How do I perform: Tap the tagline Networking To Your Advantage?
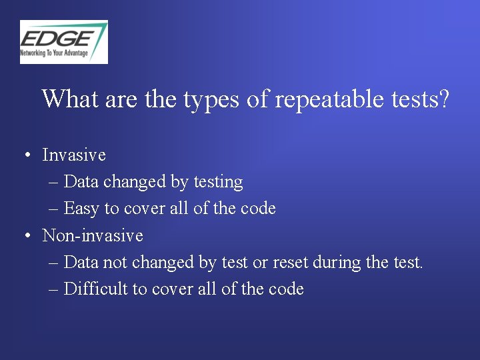(54, 53)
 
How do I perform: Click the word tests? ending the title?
(420, 99)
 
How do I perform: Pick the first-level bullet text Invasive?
(74, 155)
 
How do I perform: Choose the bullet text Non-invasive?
(93, 235)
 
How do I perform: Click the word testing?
(218, 182)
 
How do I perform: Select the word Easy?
(82, 209)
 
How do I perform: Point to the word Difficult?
(92, 289)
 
